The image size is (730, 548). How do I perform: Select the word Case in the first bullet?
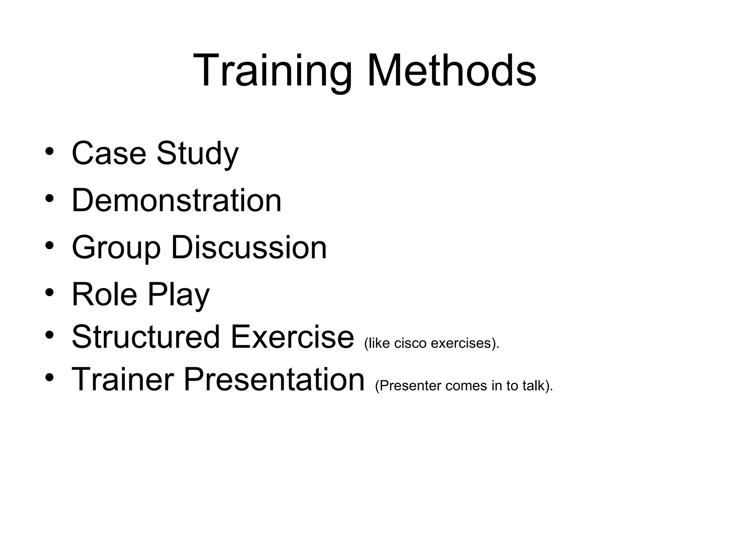pyautogui.click(x=109, y=153)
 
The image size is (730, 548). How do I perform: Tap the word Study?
pyautogui.click(x=197, y=154)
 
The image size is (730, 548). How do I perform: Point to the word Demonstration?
pyautogui.click(x=176, y=201)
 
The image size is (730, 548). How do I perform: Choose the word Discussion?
pyautogui.click(x=249, y=248)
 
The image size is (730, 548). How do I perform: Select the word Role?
pyautogui.click(x=104, y=295)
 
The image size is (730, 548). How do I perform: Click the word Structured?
pyautogui.click(x=146, y=337)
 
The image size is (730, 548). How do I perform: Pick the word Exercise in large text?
pyautogui.click(x=292, y=337)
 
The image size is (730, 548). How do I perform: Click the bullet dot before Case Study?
pyautogui.click(x=50, y=151)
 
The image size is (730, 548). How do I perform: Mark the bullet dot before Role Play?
pyautogui.click(x=50, y=293)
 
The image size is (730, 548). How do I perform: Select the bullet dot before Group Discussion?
pyautogui.click(x=50, y=245)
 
